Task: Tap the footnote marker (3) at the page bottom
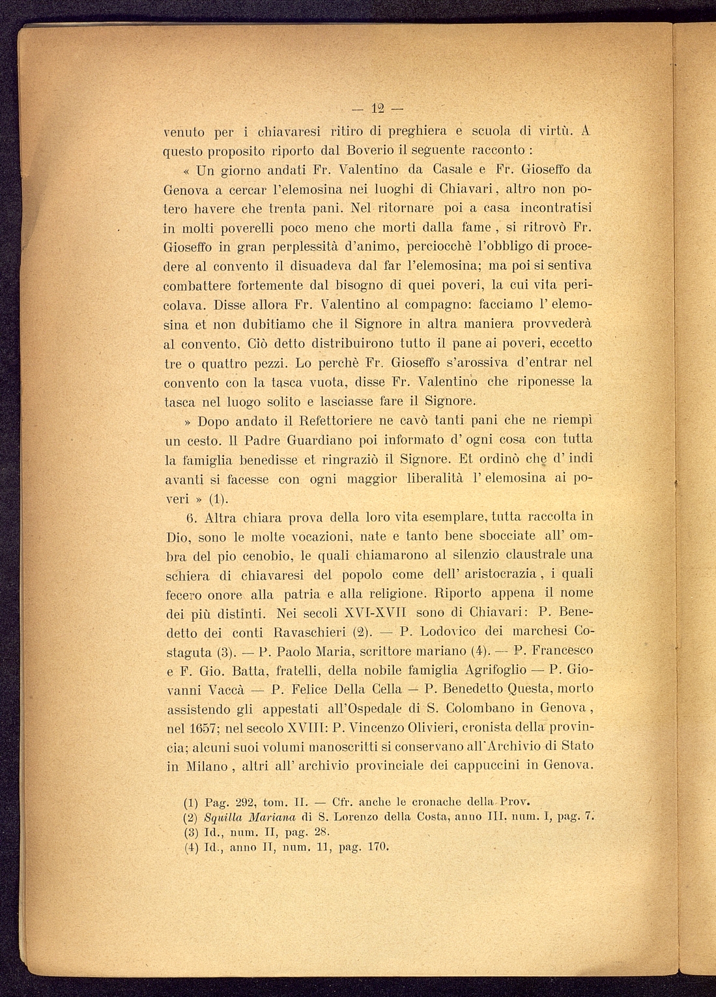pyautogui.click(x=191, y=831)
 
